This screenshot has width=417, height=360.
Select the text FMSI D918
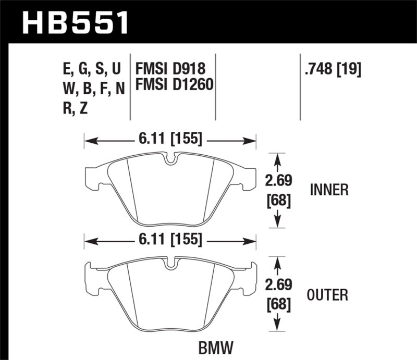point(170,69)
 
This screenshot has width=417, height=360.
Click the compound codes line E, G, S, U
point(91,69)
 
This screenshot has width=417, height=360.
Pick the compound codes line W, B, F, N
point(93,89)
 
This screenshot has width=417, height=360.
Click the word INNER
point(328,190)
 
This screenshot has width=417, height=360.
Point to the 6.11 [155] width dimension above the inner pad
point(170,139)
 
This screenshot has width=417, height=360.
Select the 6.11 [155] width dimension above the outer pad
point(170,240)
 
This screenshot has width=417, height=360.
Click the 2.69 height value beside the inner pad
point(277,180)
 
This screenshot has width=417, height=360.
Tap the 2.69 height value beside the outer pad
point(277,285)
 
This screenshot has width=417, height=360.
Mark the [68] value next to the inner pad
point(277,200)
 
